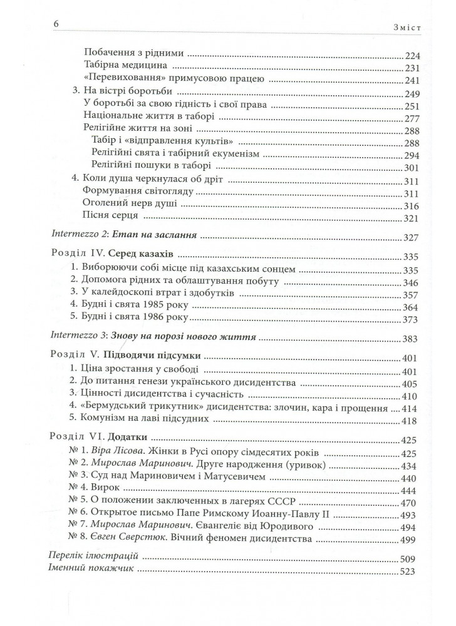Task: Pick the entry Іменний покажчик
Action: [x=90, y=570]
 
